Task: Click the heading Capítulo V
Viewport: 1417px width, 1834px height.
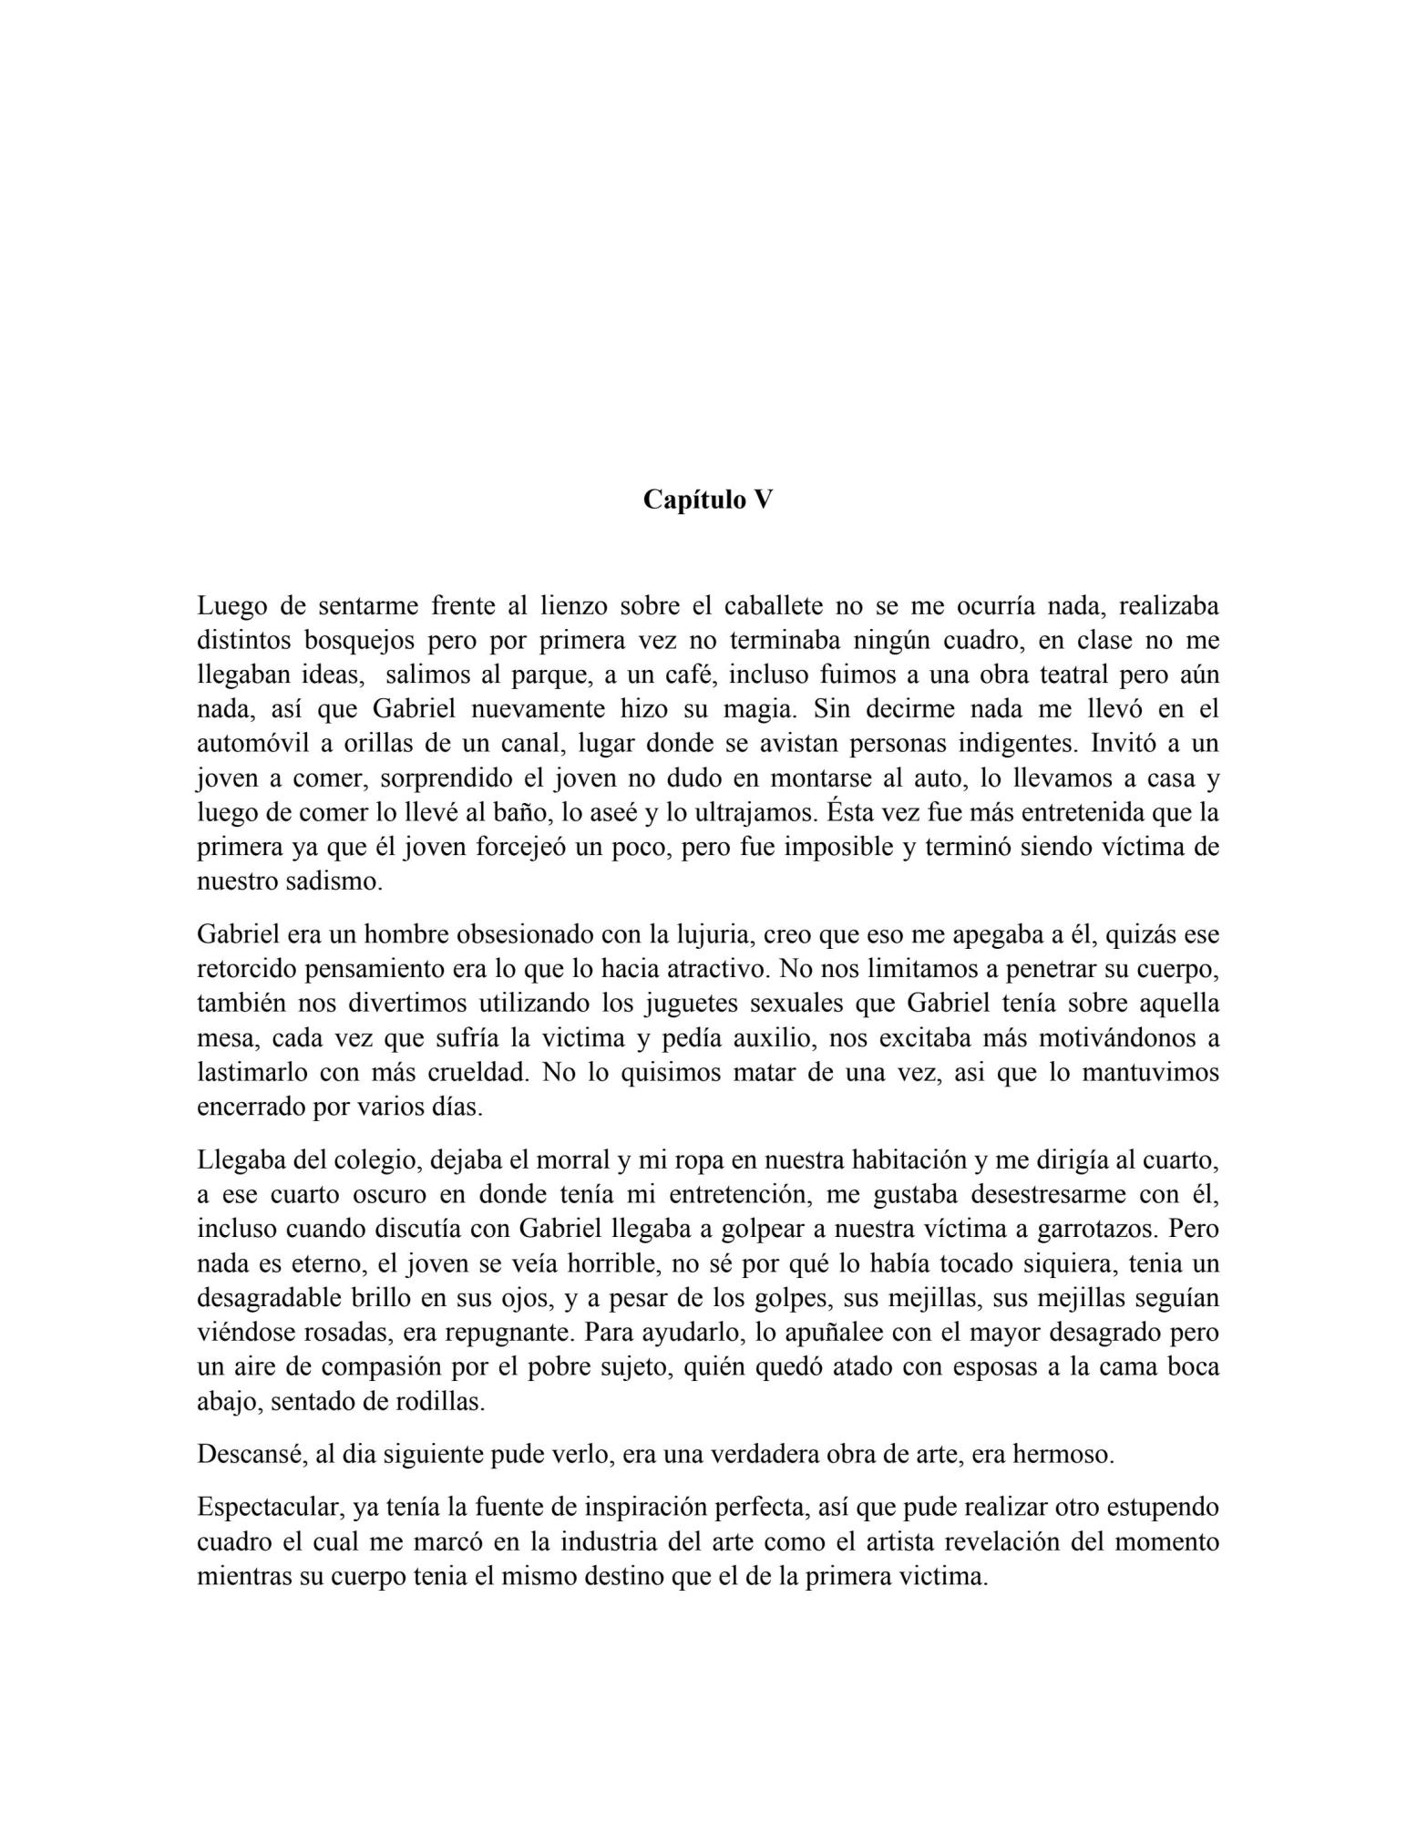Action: pyautogui.click(x=707, y=500)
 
